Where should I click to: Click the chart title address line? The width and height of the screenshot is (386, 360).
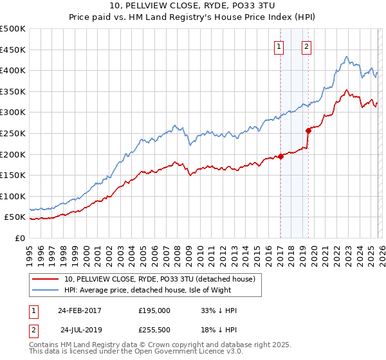click(x=193, y=7)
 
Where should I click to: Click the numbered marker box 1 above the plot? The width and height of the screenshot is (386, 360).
click(x=279, y=46)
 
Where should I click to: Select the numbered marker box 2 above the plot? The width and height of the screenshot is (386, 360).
click(x=307, y=46)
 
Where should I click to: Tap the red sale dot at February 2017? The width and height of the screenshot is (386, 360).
click(x=281, y=156)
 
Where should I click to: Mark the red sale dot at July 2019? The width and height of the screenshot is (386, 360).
click(x=309, y=130)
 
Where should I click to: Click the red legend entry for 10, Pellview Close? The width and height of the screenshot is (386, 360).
click(x=160, y=278)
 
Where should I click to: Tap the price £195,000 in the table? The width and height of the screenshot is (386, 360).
click(x=154, y=310)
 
